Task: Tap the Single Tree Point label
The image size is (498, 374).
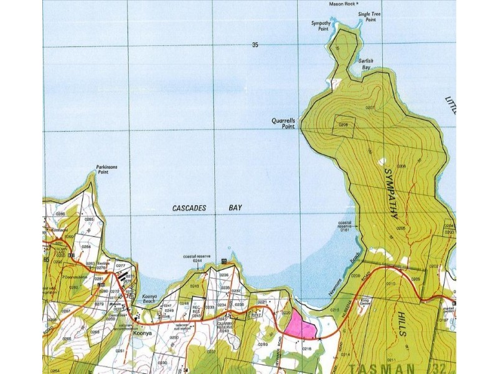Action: tap(367, 17)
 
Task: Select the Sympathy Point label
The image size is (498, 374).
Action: tap(320, 26)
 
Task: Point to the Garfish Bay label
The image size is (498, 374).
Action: tap(365, 64)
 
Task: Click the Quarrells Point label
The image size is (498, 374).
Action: tap(283, 123)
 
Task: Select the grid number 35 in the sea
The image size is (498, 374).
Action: tap(255, 44)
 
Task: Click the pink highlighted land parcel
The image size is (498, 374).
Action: tap(300, 326)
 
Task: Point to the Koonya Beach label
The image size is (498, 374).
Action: tap(149, 300)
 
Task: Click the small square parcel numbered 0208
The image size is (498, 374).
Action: tap(344, 125)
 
